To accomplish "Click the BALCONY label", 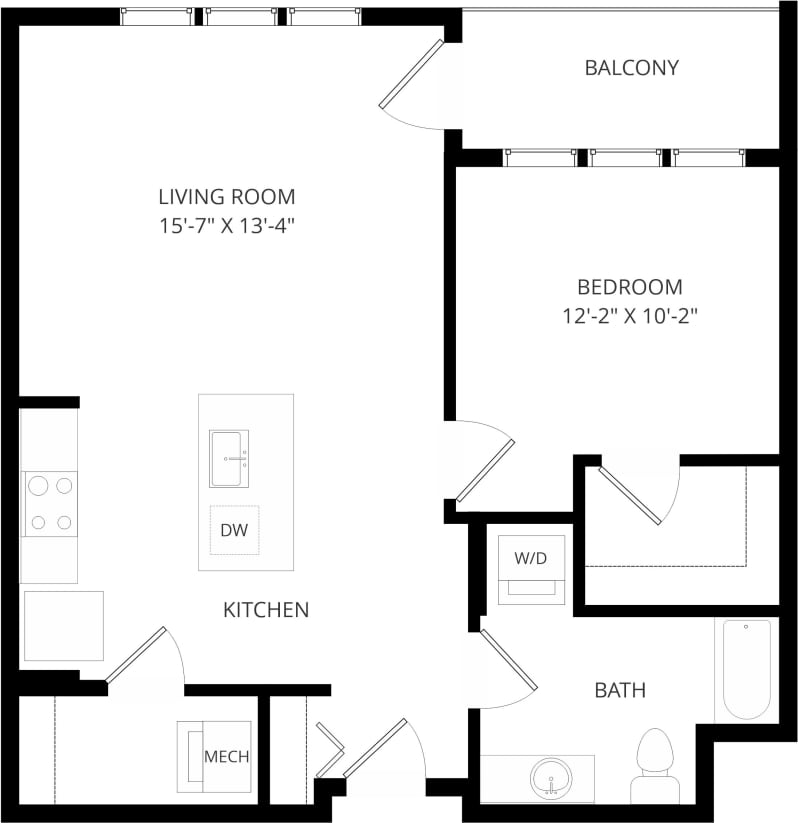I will (x=631, y=68).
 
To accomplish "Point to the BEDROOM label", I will (x=630, y=287).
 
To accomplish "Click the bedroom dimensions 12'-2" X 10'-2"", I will (x=630, y=317).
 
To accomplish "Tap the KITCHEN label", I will (x=265, y=609).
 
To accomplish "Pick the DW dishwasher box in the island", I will (x=234, y=531).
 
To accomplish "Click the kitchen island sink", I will (x=229, y=459).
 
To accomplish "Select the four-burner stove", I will (x=50, y=503).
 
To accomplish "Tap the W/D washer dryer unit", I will (x=531, y=569).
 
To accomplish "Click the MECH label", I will (x=226, y=756).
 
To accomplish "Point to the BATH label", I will (x=620, y=690).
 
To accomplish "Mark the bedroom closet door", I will (x=630, y=493).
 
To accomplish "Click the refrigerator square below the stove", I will (x=63, y=626).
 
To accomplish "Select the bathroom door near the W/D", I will (x=509, y=660).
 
